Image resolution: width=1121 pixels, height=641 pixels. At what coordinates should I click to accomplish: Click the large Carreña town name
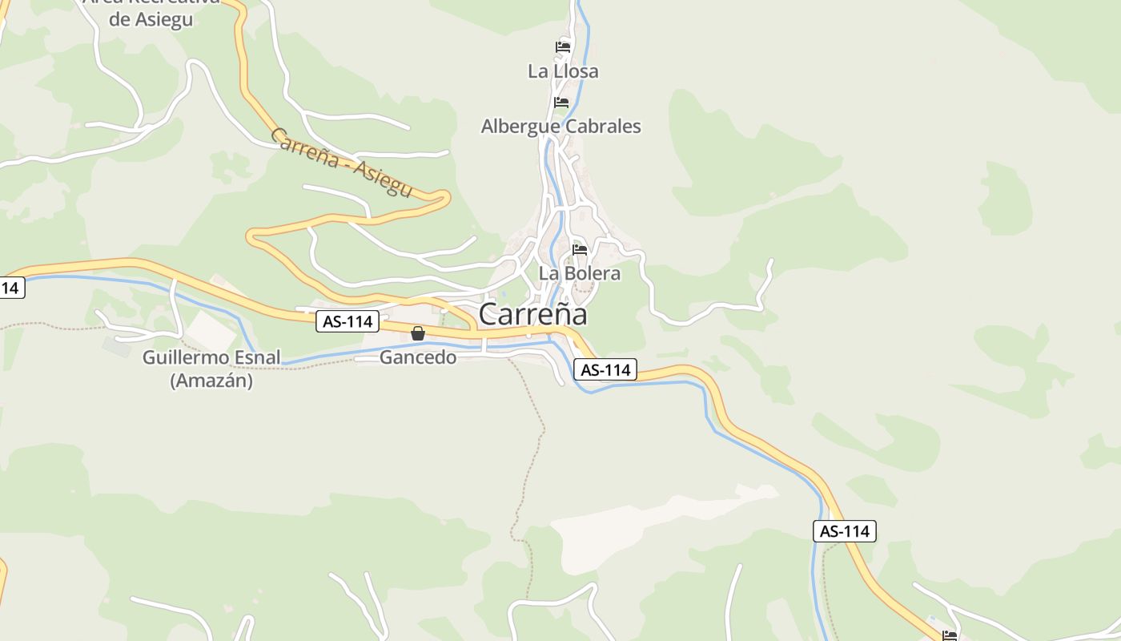532,314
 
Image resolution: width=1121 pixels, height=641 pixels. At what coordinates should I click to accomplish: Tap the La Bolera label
579,273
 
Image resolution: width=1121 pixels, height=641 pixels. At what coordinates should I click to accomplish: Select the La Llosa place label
563,71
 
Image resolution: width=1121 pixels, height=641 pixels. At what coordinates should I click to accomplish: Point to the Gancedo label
418,357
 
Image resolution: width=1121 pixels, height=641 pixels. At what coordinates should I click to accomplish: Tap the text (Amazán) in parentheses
211,381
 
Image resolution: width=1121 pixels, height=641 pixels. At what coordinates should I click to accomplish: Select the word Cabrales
603,127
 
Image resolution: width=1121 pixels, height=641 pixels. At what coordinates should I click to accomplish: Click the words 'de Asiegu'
151,19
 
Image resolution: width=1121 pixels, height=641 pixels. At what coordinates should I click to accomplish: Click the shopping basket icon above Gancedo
418,333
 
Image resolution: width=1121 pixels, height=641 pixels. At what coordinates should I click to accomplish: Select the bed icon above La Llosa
563,47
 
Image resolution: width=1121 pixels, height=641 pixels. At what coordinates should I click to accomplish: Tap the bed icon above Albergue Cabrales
561,103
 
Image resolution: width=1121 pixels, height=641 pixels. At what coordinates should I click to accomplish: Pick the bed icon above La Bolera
580,250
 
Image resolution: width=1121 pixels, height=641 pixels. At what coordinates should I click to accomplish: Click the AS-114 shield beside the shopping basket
348,322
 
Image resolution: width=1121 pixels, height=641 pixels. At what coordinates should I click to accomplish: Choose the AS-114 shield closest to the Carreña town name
605,369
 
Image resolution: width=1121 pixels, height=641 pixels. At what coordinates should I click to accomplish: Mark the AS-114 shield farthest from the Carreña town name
845,530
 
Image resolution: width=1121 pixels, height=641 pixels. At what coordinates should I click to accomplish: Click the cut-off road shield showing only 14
10,287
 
